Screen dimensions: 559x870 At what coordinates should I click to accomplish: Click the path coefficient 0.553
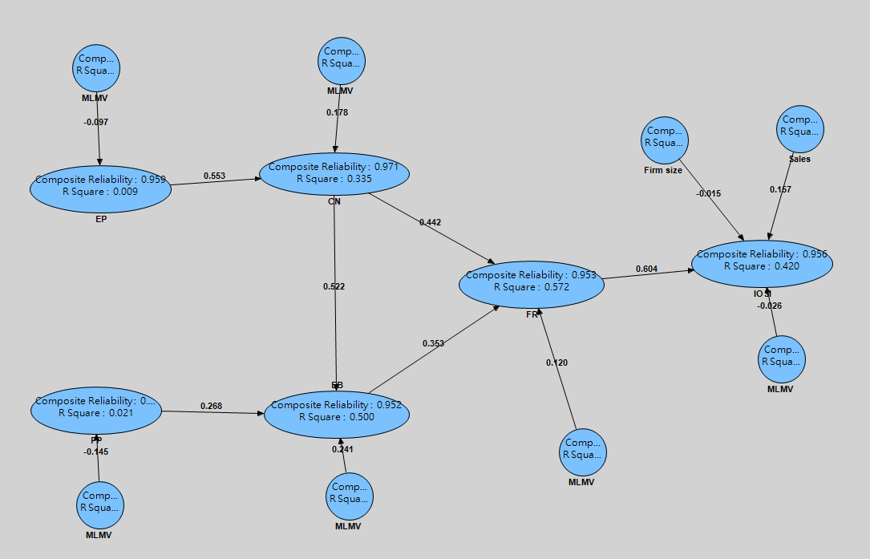pos(214,175)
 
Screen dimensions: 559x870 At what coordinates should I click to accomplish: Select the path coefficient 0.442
pos(430,222)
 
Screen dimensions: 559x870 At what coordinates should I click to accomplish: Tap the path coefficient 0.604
pos(646,269)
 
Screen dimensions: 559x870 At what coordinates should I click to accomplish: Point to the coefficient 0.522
pos(334,286)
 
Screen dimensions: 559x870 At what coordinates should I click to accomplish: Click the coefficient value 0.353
pos(433,343)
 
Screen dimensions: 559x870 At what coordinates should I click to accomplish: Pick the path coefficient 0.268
pos(212,406)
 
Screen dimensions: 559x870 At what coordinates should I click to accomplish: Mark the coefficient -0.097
pos(95,122)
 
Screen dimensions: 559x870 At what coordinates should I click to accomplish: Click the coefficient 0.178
pos(337,112)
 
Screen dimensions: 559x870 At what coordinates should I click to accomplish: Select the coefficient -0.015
pos(709,193)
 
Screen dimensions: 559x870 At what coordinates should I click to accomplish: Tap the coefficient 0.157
pos(780,189)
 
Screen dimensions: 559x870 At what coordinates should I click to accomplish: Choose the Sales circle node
pos(801,128)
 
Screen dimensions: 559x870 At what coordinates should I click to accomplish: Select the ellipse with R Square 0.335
pos(334,173)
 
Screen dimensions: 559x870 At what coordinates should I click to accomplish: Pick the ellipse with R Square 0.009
pos(101,187)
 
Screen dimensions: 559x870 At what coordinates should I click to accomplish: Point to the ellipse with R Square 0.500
pos(337,411)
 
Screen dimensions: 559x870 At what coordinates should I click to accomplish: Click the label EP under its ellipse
pos(101,218)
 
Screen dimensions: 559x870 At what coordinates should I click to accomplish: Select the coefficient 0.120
pos(556,363)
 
